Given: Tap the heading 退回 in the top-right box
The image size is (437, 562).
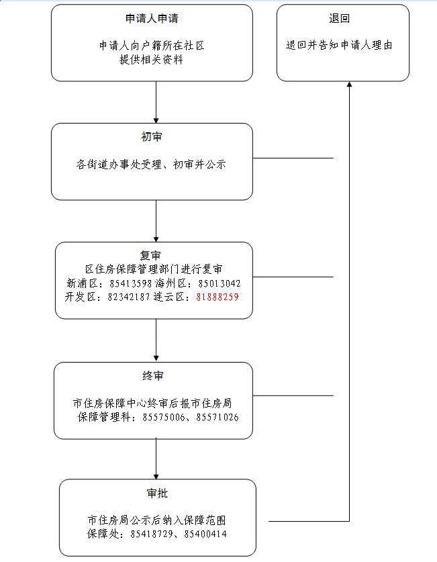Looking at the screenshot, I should [340, 19].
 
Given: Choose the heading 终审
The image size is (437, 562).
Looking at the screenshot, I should [153, 375].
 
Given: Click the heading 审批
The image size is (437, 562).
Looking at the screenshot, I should [157, 494].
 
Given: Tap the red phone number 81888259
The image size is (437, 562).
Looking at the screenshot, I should [217, 296].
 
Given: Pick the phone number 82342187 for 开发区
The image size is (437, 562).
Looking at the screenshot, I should [130, 296].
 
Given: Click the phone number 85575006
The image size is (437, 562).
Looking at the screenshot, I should [165, 417].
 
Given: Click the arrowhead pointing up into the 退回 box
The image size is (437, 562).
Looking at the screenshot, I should [350, 85].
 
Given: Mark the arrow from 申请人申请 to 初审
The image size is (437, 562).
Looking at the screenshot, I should [156, 102].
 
